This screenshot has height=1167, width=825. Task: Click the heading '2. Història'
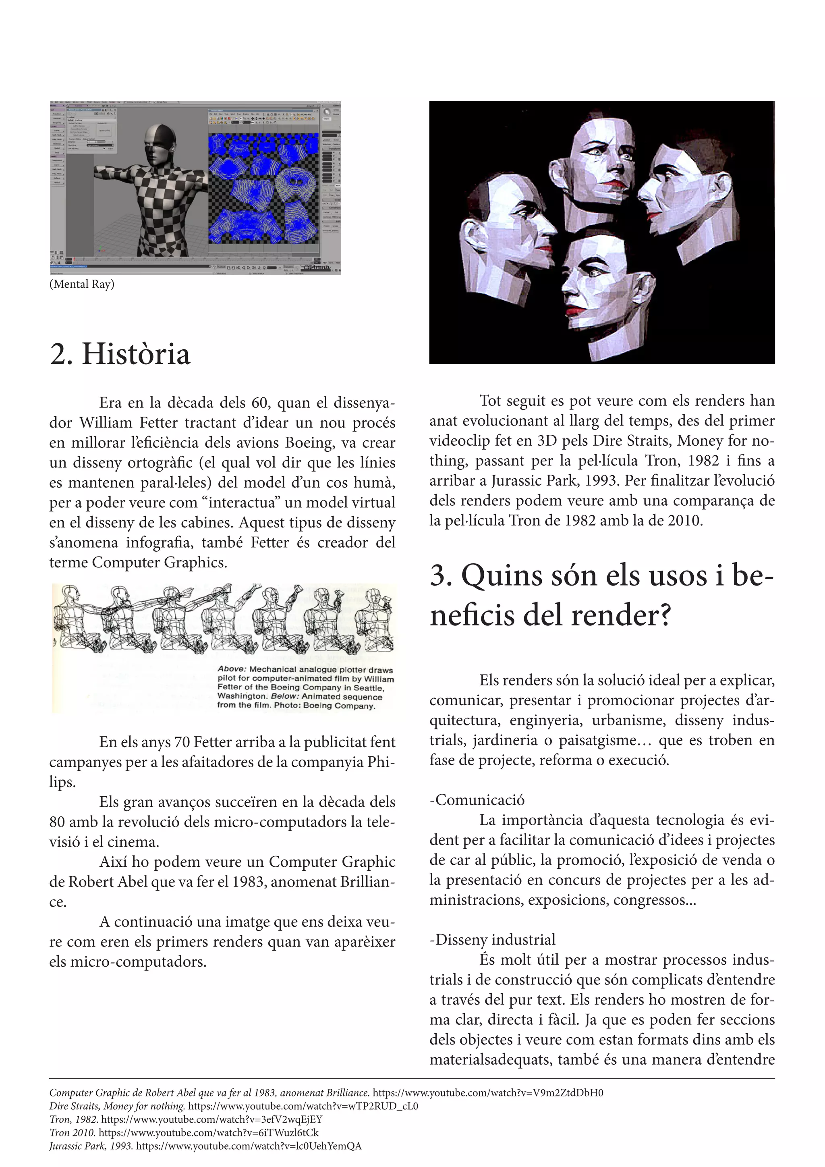120,354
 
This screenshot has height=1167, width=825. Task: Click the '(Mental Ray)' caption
82,284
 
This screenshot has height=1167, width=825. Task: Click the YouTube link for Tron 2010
209,1133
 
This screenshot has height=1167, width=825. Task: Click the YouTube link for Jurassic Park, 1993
249,1146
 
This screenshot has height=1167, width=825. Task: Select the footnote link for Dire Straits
303,1107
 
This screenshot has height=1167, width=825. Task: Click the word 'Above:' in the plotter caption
232,669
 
